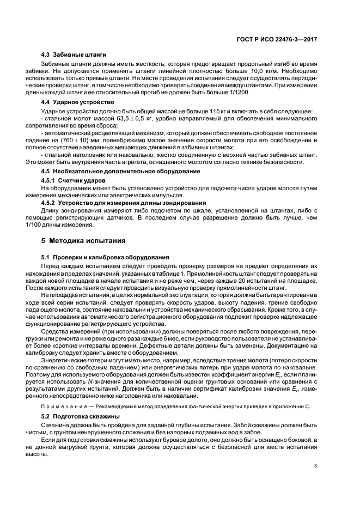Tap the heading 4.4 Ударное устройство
coord(77,102)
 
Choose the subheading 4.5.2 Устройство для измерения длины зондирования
coord(113,203)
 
